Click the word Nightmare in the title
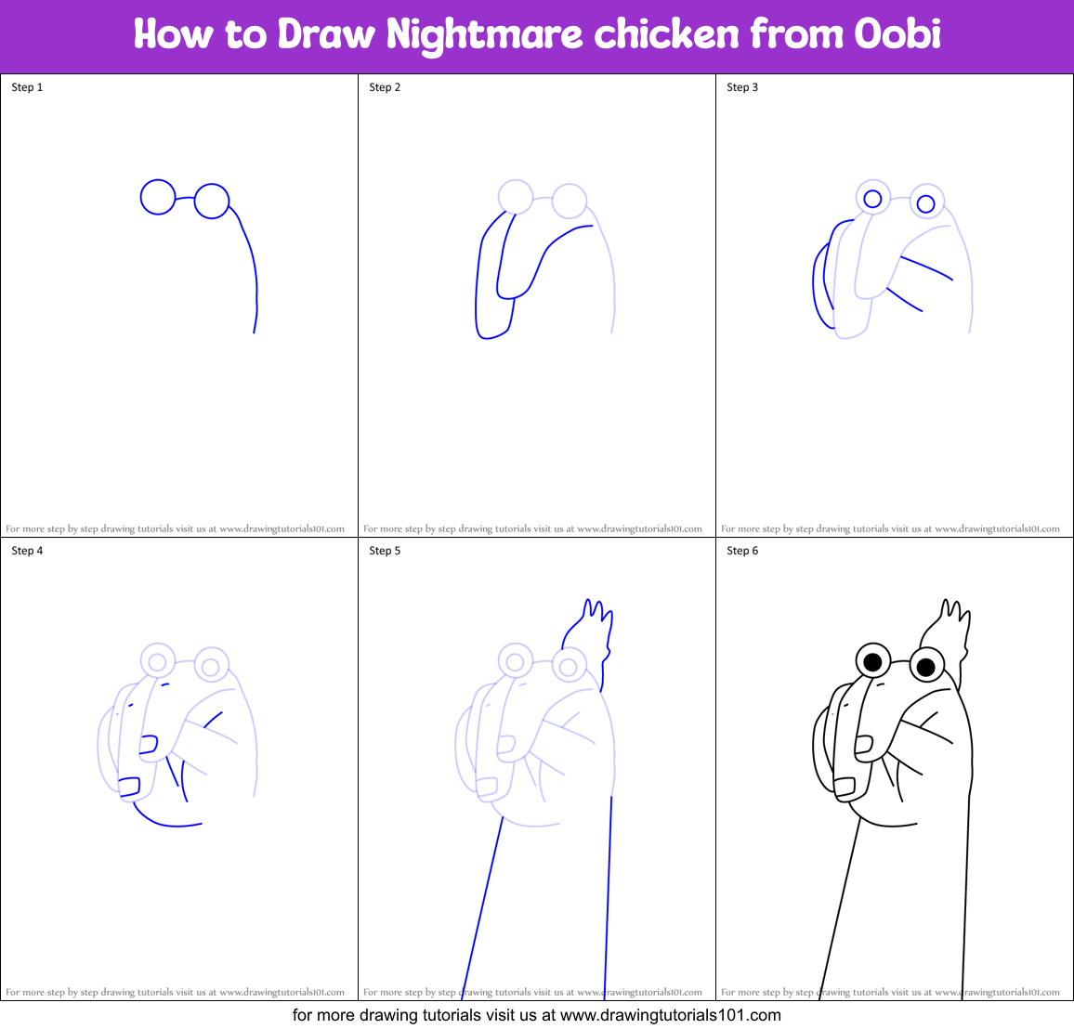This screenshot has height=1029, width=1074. (484, 35)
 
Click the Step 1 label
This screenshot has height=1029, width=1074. (27, 87)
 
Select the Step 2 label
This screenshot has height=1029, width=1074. (385, 87)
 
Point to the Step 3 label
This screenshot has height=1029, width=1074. (742, 87)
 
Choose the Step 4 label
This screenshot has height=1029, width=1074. (27, 551)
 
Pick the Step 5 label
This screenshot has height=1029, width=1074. (385, 551)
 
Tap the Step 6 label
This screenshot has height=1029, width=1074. (742, 551)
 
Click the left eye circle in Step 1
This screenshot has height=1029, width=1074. (158, 197)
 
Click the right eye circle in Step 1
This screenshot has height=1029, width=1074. (212, 201)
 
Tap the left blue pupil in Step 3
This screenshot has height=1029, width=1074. (872, 199)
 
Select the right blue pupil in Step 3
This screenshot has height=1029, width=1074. (925, 203)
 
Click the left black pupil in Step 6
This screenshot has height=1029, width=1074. (872, 662)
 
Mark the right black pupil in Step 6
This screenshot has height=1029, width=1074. (925, 667)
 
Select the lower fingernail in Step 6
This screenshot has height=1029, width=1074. (844, 787)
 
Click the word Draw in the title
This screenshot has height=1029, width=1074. (328, 35)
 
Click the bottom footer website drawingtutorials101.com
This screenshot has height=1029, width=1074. (671, 1015)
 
